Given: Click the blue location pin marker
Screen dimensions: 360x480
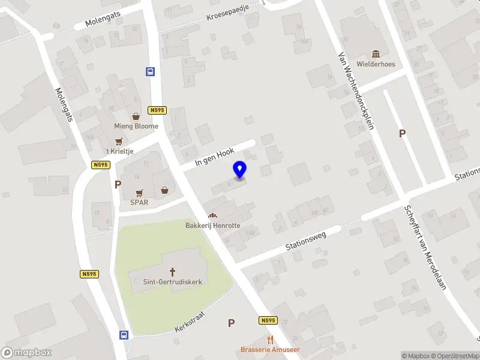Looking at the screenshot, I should [x=240, y=170].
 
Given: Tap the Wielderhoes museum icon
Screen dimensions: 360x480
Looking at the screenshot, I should [x=376, y=54].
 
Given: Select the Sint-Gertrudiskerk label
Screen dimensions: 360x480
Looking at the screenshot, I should [x=172, y=281].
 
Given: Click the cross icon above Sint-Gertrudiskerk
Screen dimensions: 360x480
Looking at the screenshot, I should [x=172, y=272].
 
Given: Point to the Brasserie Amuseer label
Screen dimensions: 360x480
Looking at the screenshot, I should [x=270, y=349].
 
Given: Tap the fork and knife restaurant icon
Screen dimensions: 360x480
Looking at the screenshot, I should [x=271, y=339].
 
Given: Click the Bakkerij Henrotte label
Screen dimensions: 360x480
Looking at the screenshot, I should [x=212, y=225].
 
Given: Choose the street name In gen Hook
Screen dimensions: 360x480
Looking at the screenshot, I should [x=214, y=158].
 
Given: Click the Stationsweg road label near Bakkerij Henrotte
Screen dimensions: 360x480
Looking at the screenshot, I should [x=305, y=240].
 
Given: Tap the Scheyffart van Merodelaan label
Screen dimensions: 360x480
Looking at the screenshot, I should [x=424, y=248].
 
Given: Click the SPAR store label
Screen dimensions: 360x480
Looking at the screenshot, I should [x=139, y=202].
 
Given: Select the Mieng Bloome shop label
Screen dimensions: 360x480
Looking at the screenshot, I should [x=136, y=126].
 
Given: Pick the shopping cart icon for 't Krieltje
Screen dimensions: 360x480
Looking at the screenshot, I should [x=119, y=141].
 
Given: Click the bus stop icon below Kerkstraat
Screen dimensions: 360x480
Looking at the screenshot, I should [x=124, y=335].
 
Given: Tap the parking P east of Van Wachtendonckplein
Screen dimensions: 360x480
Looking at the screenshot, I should [x=402, y=134].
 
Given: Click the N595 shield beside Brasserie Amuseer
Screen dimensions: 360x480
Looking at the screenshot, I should [x=268, y=321].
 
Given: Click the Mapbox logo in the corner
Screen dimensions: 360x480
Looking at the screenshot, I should [x=26, y=353].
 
